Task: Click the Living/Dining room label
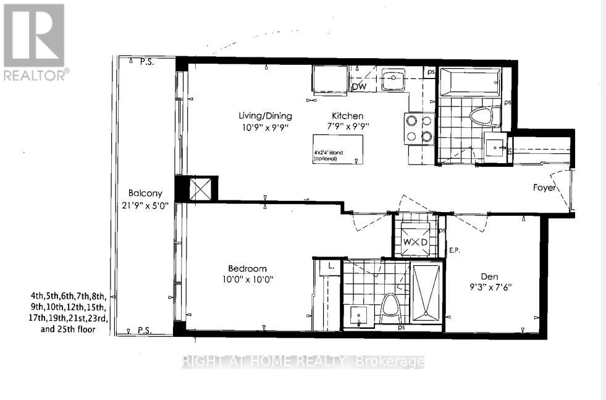click(x=266, y=116)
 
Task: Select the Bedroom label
click(x=247, y=268)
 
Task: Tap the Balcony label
click(x=141, y=192)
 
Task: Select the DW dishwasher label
click(x=360, y=87)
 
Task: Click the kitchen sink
click(x=392, y=79)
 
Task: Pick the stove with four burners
click(x=418, y=129)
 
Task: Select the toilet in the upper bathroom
click(x=480, y=115)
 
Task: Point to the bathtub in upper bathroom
click(x=469, y=82)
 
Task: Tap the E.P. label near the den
click(x=456, y=251)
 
